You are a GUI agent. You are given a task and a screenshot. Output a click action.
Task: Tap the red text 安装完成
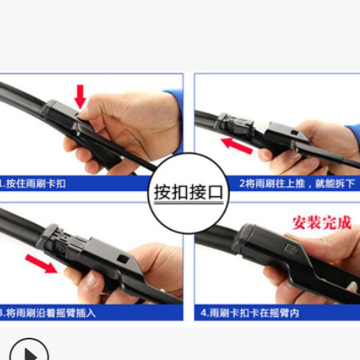[x=322, y=222]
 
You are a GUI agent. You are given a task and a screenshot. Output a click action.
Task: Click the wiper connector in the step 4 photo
[x=266, y=244]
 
